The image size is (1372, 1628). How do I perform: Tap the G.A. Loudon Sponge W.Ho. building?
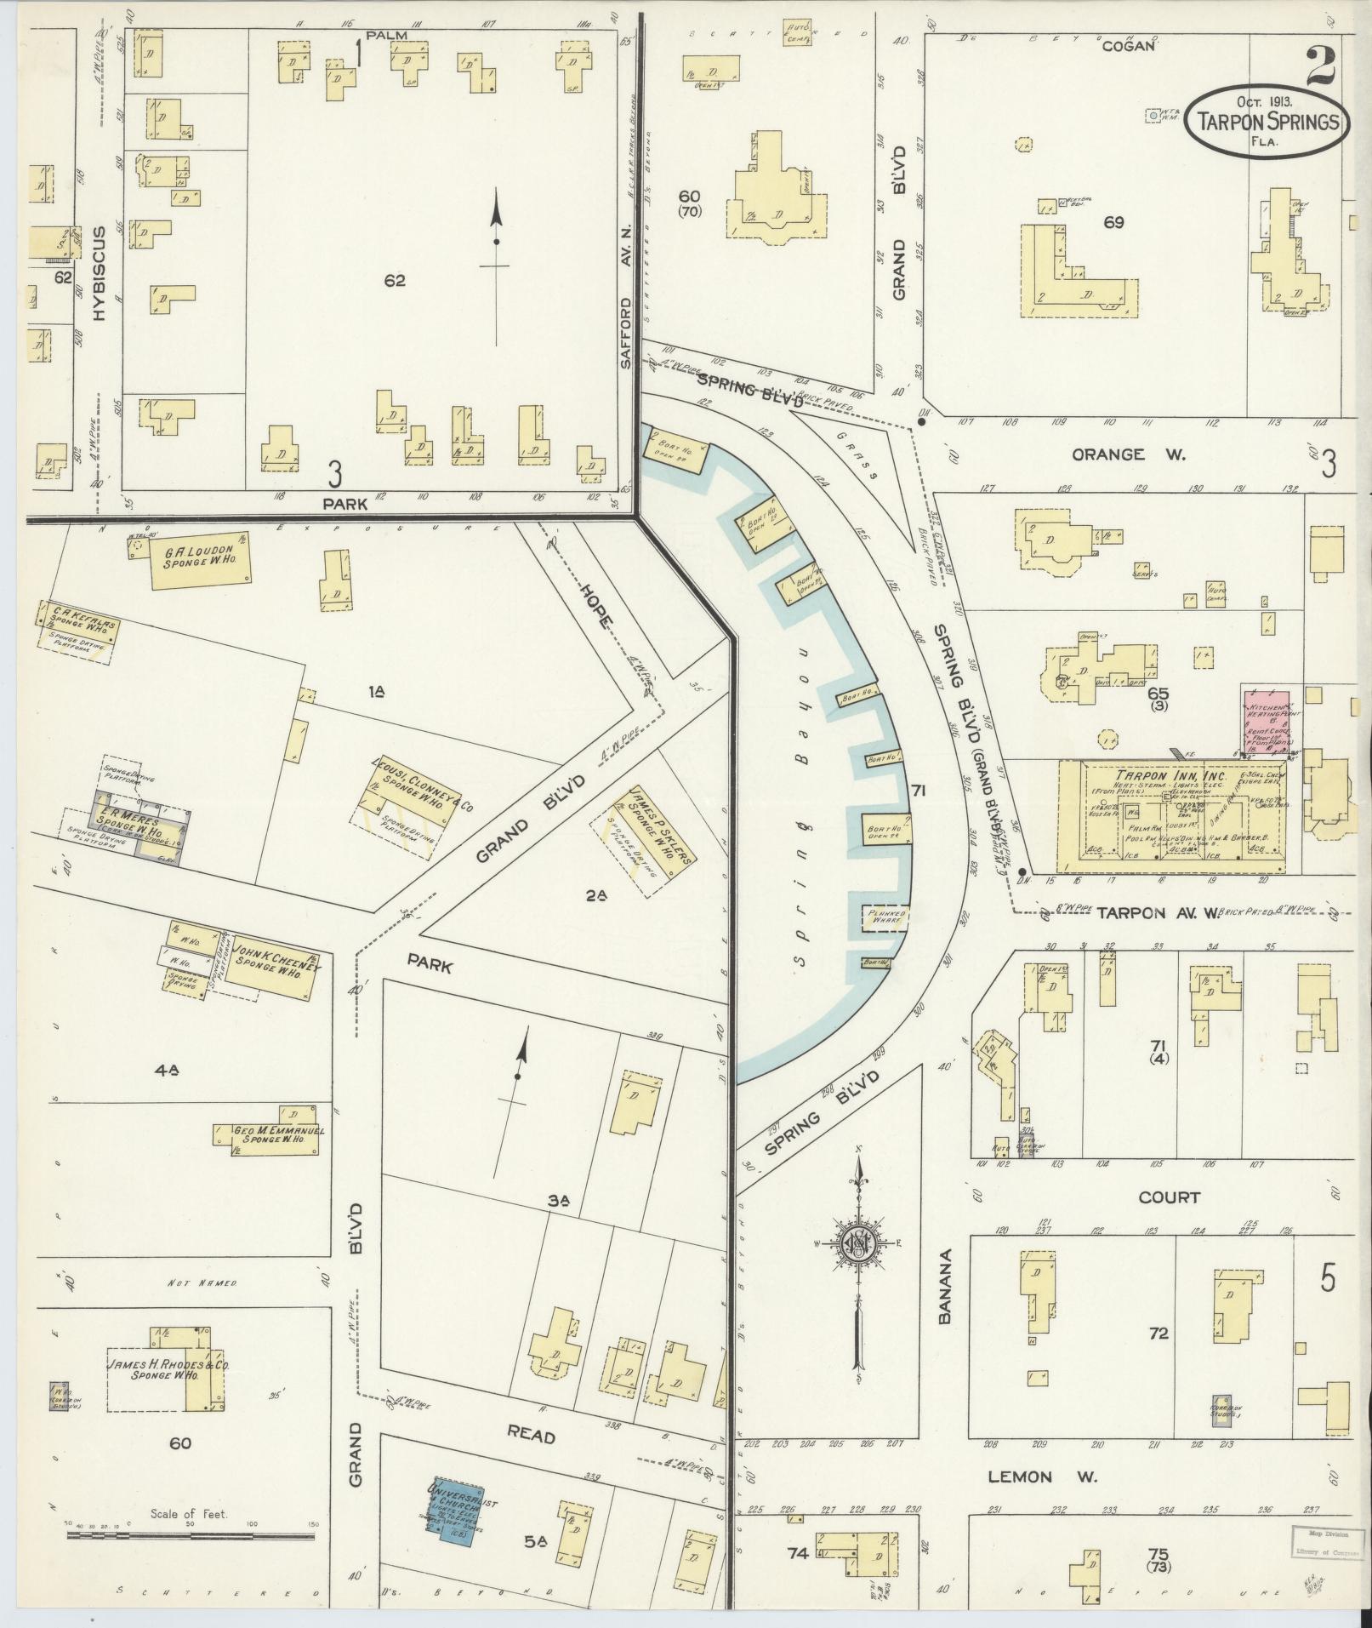pyautogui.click(x=201, y=561)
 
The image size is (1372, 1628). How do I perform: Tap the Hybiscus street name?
pyautogui.click(x=99, y=272)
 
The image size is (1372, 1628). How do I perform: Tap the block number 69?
pyautogui.click(x=1113, y=223)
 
